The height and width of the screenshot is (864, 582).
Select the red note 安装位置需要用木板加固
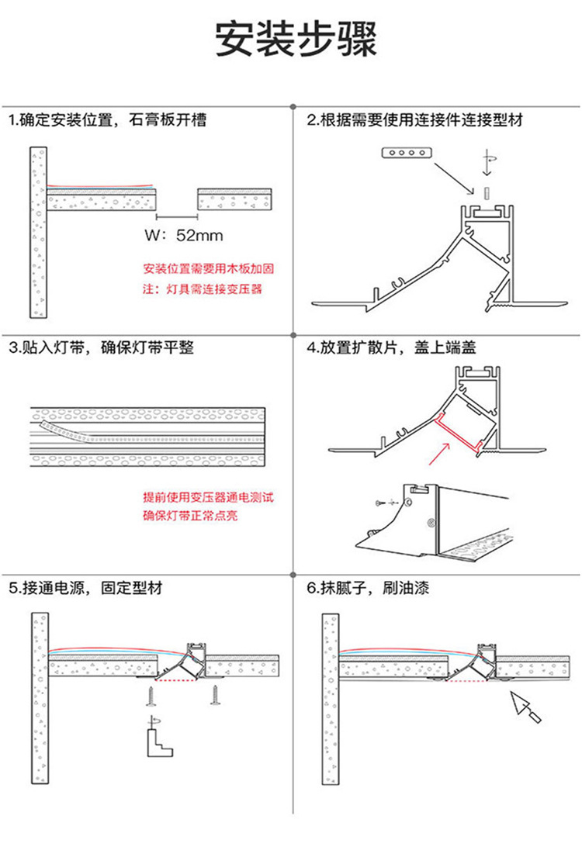[x=209, y=270]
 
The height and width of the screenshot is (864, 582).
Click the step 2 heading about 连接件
[x=415, y=121]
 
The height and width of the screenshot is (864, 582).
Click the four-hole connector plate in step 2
[x=404, y=154]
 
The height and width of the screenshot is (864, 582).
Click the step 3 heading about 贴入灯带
[x=101, y=348]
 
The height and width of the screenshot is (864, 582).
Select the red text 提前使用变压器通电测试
[x=209, y=496]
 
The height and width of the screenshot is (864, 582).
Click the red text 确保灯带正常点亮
[x=190, y=515]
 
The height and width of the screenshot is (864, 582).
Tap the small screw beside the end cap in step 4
[x=379, y=503]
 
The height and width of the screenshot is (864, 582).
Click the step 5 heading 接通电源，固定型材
[x=86, y=588]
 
